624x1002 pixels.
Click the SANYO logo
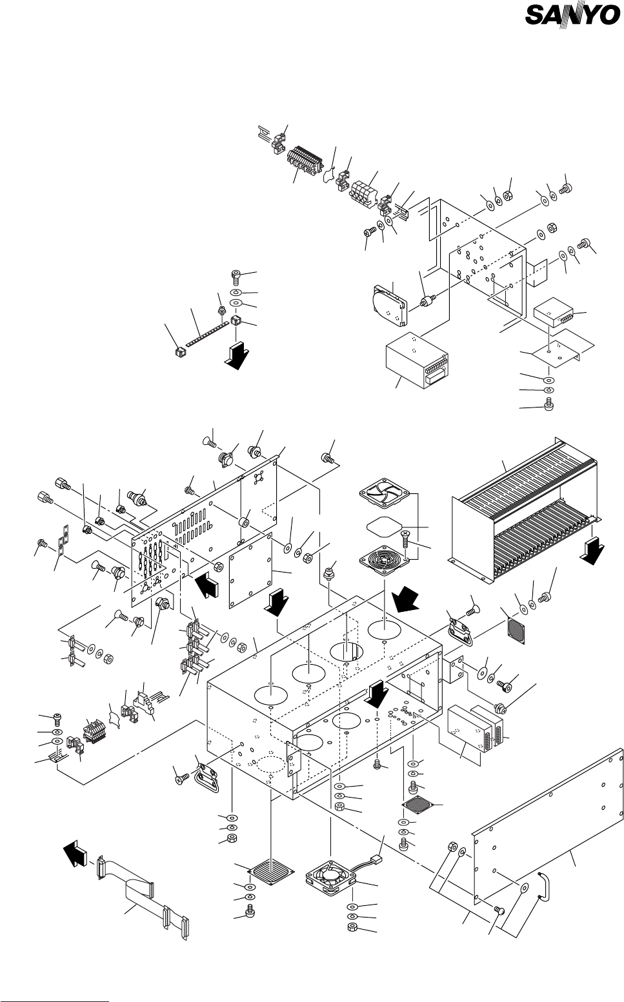pyautogui.click(x=572, y=15)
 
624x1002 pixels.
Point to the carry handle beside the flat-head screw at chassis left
pyautogui.click(x=206, y=777)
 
